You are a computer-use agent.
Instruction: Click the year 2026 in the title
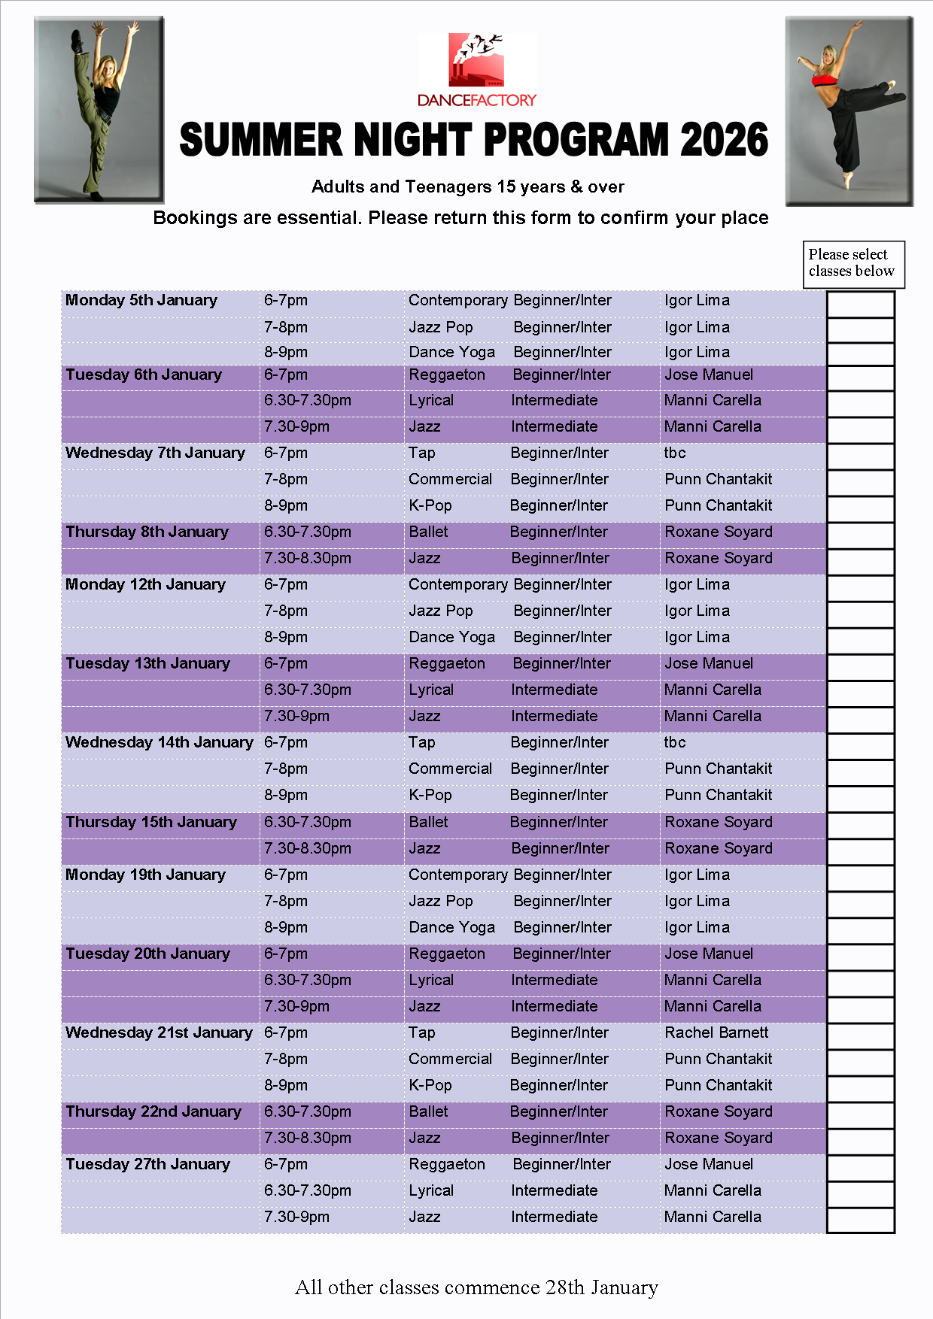(x=724, y=141)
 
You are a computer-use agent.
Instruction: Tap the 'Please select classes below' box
(x=853, y=263)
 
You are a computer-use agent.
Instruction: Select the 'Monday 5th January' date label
(x=141, y=300)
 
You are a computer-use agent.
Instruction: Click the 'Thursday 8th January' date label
(x=147, y=532)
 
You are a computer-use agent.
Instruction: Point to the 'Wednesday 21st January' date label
(x=159, y=1032)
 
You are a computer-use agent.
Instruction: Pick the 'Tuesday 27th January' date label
(x=147, y=1164)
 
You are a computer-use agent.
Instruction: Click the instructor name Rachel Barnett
(x=716, y=1032)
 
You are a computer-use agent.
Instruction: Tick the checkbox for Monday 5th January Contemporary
(x=860, y=305)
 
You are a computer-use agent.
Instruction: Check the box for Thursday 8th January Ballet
(x=860, y=535)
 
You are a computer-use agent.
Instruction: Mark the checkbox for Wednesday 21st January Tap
(x=860, y=1036)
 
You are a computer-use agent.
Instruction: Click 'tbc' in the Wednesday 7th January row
(x=675, y=453)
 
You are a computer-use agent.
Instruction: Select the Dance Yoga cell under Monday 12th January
(x=451, y=637)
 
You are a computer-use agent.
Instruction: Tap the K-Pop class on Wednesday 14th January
(x=430, y=795)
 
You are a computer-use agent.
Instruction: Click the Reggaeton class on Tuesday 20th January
(x=447, y=954)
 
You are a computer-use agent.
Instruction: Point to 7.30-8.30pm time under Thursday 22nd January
(x=307, y=1138)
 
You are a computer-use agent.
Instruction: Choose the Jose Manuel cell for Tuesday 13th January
(x=708, y=663)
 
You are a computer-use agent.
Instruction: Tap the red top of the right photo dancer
(x=825, y=79)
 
